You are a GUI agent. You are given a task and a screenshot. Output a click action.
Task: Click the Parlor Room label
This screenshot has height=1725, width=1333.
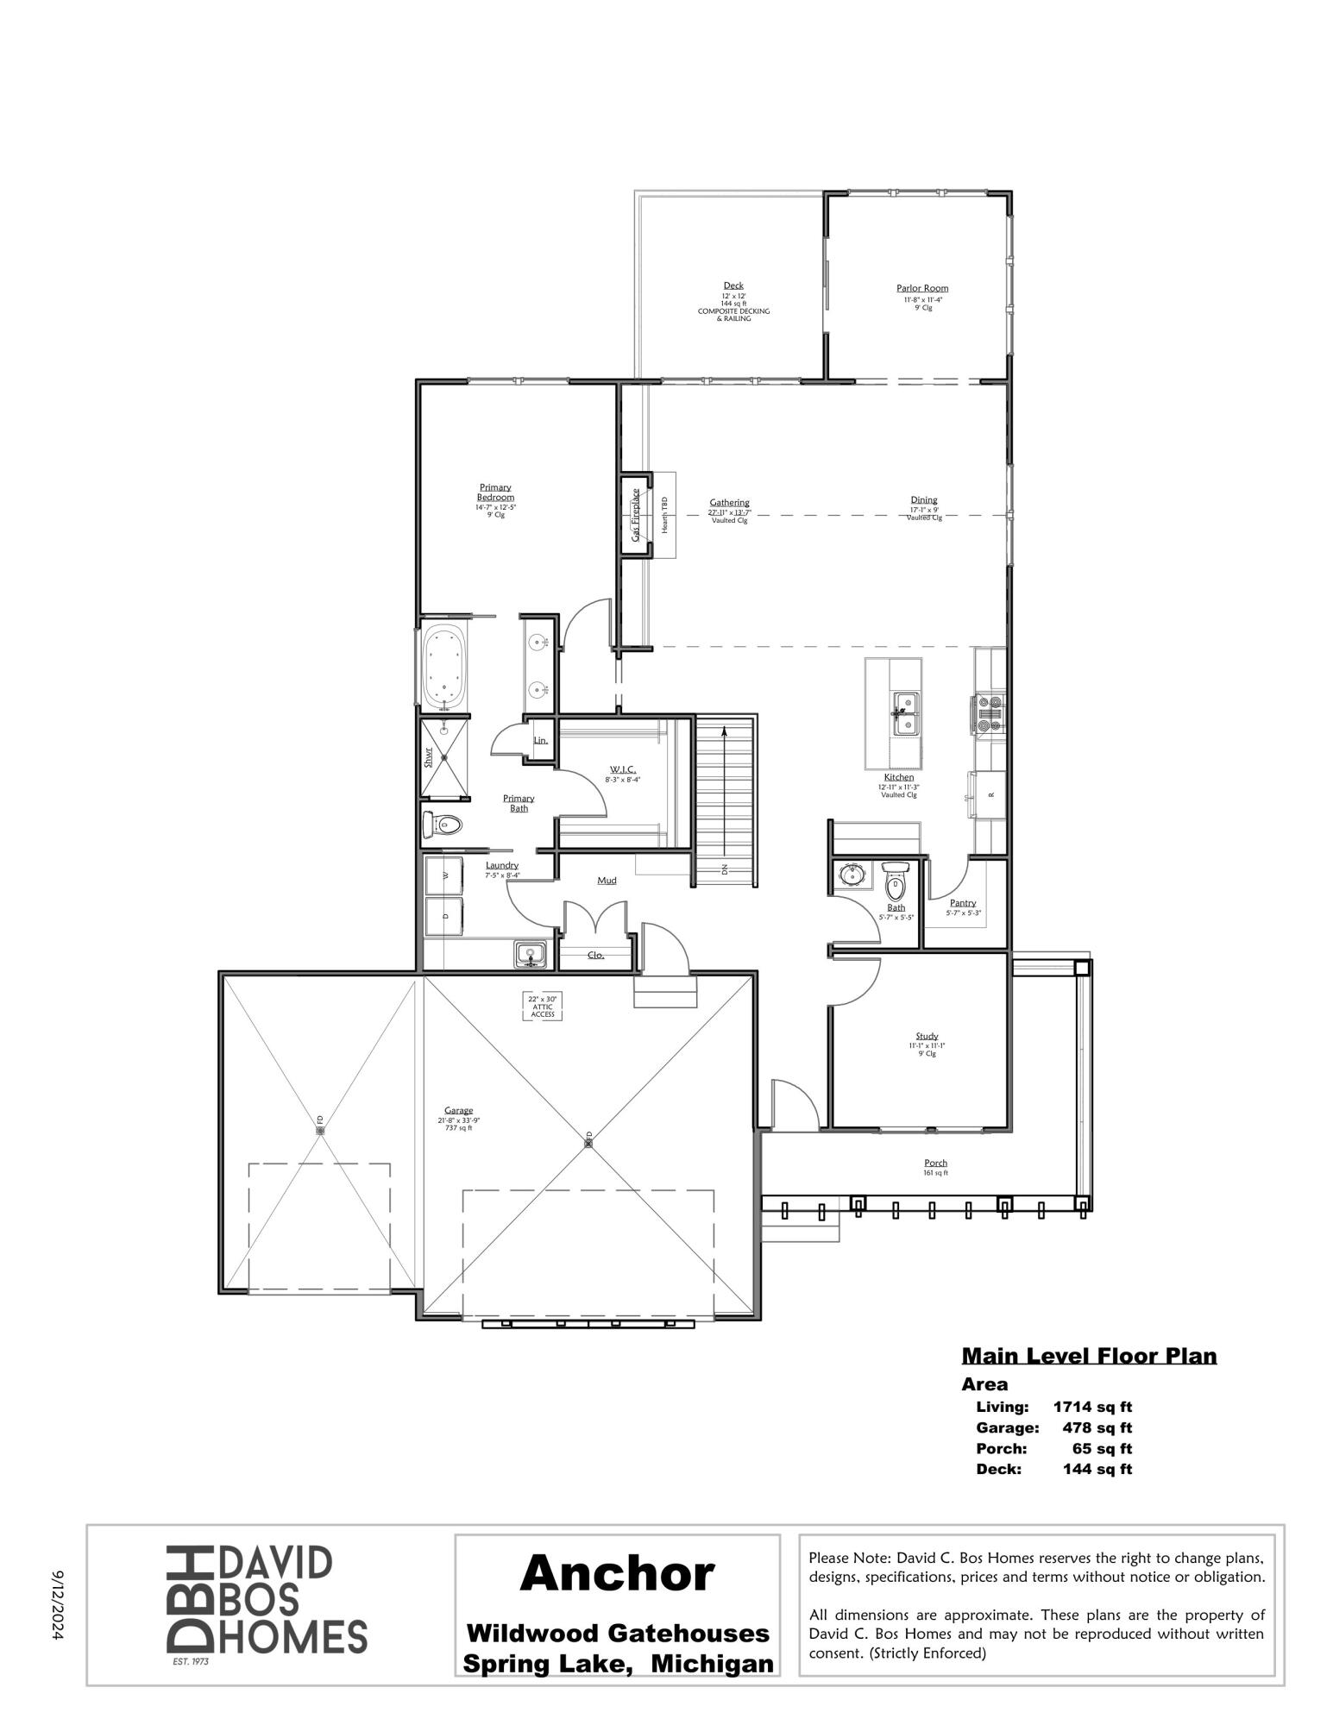coord(922,288)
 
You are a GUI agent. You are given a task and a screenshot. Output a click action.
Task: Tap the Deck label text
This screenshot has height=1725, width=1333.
coord(733,285)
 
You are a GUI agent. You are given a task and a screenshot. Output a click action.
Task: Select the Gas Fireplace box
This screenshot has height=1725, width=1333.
coord(635,515)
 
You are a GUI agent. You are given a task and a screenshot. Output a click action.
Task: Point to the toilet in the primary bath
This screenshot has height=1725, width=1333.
coord(443,825)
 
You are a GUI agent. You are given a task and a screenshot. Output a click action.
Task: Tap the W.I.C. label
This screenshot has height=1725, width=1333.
coord(623,769)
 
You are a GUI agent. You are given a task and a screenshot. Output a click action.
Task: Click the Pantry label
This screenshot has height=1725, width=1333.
coord(963,902)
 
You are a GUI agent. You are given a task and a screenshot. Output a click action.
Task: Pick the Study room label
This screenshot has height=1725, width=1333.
coord(927,1036)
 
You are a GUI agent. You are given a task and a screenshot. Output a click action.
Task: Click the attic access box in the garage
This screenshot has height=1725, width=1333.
coord(543,1007)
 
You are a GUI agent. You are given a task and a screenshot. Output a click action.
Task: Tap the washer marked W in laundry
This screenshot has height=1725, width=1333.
coord(445,875)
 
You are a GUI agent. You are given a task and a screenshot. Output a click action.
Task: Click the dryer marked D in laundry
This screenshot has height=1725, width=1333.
coord(445,917)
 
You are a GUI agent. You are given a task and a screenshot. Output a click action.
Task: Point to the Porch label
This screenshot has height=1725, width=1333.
coord(935,1163)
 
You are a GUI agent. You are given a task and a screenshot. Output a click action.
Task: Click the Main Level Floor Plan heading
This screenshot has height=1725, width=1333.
coord(1089,1356)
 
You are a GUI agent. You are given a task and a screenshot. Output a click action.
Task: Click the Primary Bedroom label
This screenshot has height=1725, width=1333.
coord(495,492)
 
